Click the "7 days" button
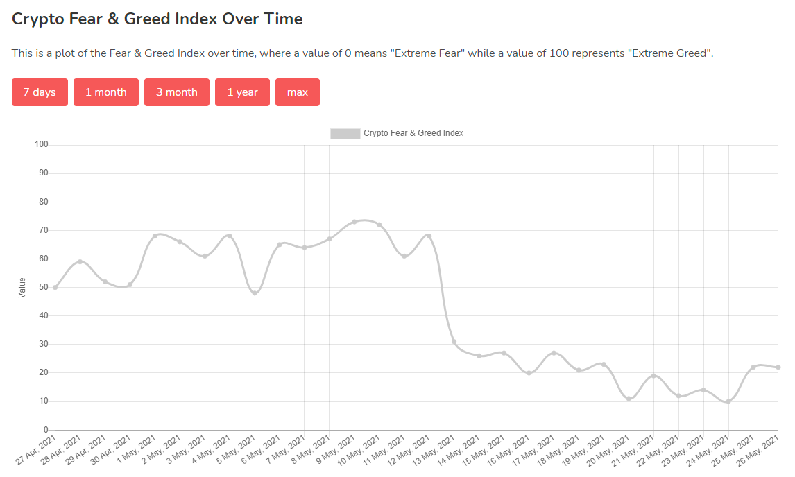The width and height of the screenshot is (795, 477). point(40,92)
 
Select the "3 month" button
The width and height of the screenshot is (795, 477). point(177,92)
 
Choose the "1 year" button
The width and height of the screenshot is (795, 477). point(242,92)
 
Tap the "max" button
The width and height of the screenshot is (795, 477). point(298,92)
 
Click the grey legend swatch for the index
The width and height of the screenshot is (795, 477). point(345,133)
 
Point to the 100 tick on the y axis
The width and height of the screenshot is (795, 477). point(41,145)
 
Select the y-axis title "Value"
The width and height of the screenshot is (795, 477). point(22,288)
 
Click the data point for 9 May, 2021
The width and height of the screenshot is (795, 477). point(354,222)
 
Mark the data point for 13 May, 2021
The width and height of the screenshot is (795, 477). point(454,342)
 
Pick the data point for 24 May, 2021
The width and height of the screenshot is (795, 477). point(728,401)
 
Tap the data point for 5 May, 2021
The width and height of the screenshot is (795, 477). point(255,293)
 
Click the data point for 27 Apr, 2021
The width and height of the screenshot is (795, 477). point(55,287)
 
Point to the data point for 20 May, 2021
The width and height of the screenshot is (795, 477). point(629,399)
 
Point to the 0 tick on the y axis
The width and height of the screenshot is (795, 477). point(46,430)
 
